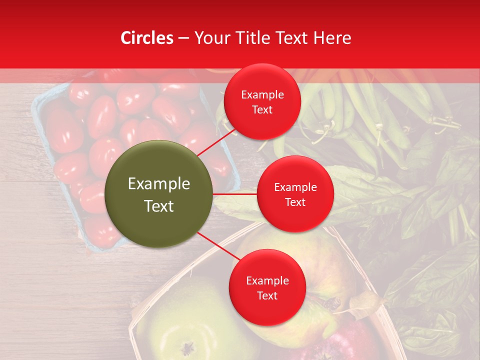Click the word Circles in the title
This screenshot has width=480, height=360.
(x=147, y=38)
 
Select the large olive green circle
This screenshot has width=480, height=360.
(x=159, y=194)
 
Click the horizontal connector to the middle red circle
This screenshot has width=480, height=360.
(x=235, y=194)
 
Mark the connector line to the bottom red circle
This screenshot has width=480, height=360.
(x=218, y=246)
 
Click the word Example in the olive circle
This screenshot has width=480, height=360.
(x=159, y=184)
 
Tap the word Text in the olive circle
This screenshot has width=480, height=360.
(x=159, y=206)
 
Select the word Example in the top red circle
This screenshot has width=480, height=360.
(x=262, y=95)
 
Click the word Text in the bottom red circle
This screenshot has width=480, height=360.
(x=267, y=296)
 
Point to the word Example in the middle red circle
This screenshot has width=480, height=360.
(x=295, y=187)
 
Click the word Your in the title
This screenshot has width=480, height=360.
(x=210, y=38)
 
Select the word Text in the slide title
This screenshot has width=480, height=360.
(x=291, y=38)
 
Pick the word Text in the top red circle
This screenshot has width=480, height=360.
(x=262, y=110)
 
